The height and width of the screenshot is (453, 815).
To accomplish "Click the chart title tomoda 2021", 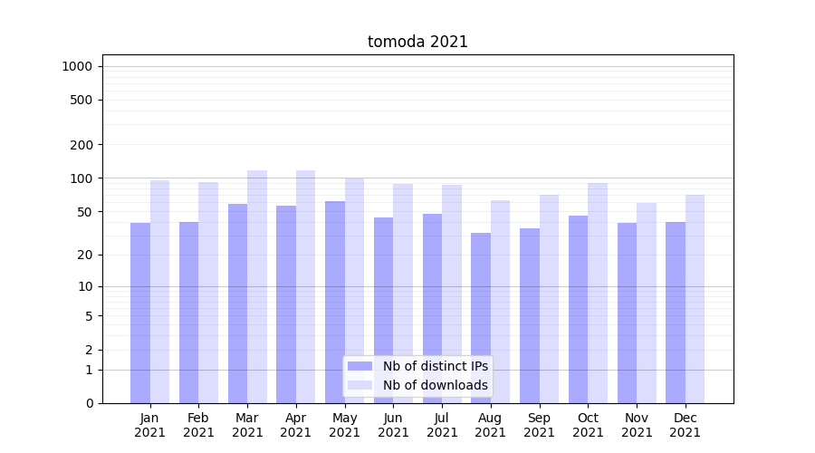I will (x=417, y=42).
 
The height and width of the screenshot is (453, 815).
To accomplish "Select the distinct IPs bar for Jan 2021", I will (x=140, y=313).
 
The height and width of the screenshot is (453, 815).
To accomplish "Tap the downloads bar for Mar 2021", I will (x=257, y=286).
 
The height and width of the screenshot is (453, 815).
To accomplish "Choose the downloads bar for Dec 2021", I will (x=695, y=299).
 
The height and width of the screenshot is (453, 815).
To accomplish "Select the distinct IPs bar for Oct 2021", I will (x=579, y=309).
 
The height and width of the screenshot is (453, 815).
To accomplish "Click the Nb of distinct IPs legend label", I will (x=435, y=366).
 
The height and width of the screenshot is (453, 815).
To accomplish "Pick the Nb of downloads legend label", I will (x=435, y=385).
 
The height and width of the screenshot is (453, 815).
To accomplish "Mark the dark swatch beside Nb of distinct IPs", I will (x=360, y=366).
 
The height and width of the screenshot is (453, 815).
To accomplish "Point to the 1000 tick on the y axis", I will (x=77, y=66).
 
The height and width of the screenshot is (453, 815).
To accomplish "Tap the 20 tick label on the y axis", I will (x=85, y=255).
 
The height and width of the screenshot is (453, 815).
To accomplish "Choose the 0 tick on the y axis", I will (x=89, y=403).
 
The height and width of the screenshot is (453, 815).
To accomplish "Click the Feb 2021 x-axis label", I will (x=198, y=425).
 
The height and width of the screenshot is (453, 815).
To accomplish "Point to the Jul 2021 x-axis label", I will (x=442, y=425).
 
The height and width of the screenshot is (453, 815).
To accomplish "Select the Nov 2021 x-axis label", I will (x=637, y=425).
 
